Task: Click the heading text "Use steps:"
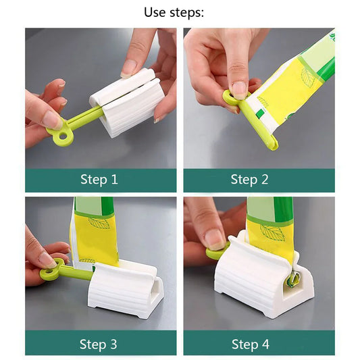(x=174, y=12)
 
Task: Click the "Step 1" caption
(x=99, y=180)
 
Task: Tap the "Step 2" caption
(x=250, y=180)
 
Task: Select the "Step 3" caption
(x=99, y=344)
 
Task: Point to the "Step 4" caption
(x=250, y=344)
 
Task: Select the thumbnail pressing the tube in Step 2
(x=239, y=88)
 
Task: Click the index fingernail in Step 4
(x=215, y=238)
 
